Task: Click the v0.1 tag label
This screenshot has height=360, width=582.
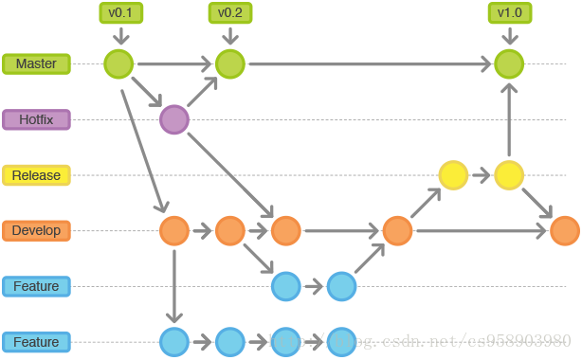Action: click(x=119, y=13)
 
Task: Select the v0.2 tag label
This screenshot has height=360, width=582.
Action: click(x=229, y=13)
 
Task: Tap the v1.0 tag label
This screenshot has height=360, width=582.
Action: click(x=509, y=13)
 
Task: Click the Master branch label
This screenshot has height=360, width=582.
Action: click(x=35, y=64)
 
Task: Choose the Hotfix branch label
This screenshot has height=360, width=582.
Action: click(x=35, y=119)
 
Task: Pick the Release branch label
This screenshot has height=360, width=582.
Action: click(x=35, y=175)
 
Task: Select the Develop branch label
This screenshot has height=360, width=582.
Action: click(x=35, y=230)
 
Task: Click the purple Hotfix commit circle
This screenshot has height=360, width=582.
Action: click(x=174, y=119)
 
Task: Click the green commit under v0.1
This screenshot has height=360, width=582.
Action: click(x=119, y=64)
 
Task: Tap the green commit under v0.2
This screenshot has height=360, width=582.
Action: click(x=229, y=64)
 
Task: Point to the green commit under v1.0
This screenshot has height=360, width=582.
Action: click(x=509, y=64)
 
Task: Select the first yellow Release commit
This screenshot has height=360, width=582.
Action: click(x=453, y=175)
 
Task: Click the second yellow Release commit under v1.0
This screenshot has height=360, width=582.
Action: click(x=509, y=175)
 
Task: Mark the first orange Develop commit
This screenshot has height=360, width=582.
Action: click(x=174, y=230)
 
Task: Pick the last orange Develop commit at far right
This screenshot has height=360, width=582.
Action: click(x=565, y=230)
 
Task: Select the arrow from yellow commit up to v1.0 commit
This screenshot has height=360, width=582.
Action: click(x=509, y=119)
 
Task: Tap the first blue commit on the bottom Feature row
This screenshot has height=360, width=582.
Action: click(x=174, y=341)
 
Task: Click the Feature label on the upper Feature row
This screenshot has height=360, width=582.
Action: click(x=35, y=286)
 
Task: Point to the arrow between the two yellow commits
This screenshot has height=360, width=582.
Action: click(x=482, y=175)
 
